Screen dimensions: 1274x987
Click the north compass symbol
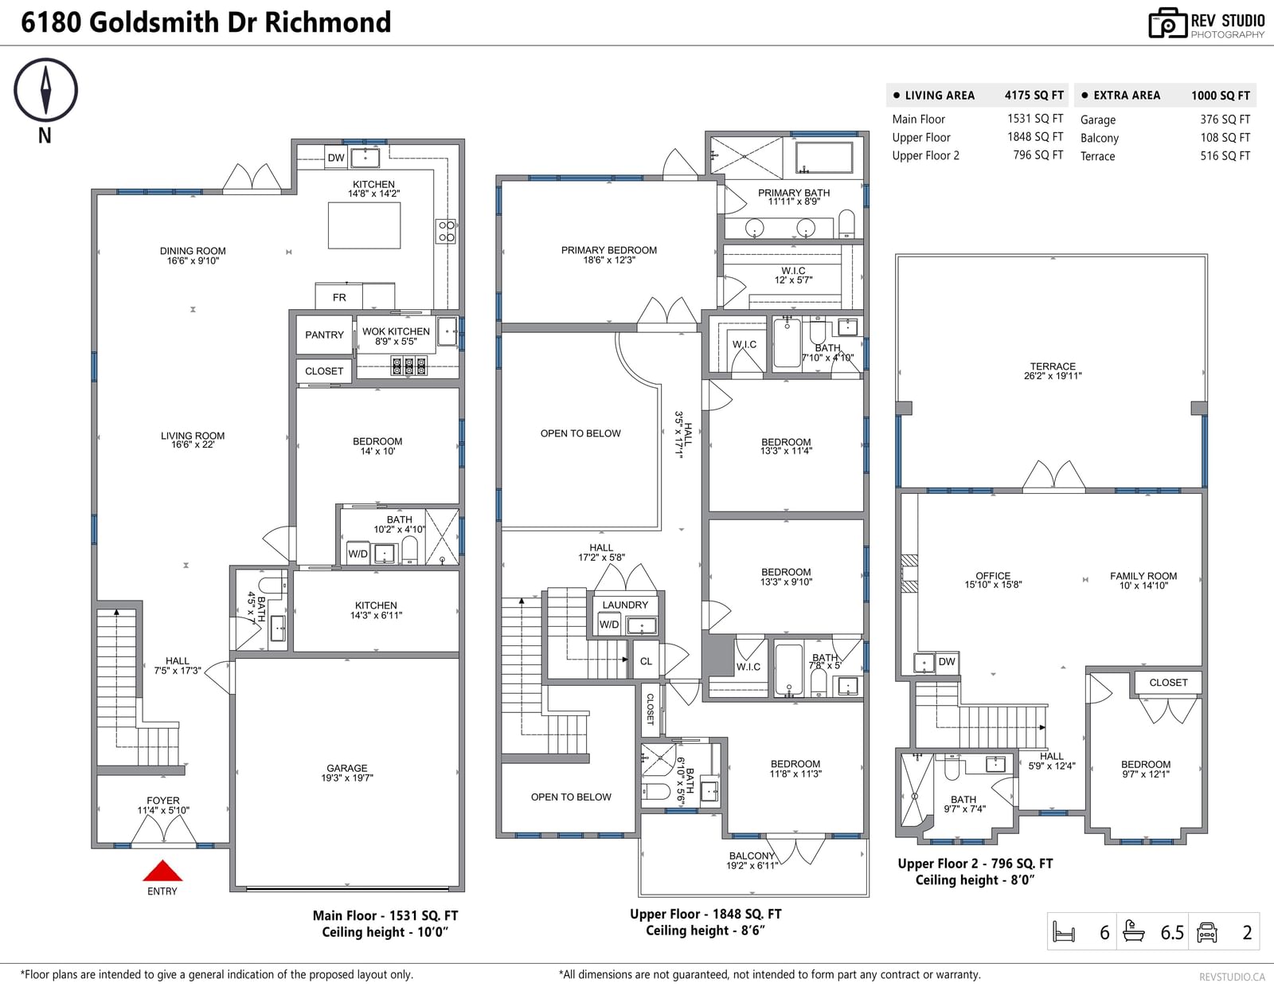point(45,90)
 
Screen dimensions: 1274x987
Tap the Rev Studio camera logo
point(1167,23)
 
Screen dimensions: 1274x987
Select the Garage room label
point(347,773)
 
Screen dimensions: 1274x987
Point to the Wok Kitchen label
point(396,336)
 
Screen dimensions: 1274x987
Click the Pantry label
point(324,335)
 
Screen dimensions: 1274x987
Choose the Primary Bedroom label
point(609,255)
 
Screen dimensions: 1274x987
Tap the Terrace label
point(1053,370)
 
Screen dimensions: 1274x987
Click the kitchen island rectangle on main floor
point(364,225)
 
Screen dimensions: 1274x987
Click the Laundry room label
point(625,605)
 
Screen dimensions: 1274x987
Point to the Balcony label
point(752,860)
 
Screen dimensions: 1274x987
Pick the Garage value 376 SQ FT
point(1225,119)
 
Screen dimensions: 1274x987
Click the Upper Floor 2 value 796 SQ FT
point(1038,155)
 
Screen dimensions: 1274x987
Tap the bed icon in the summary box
point(1064,932)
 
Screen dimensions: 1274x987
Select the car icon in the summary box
point(1206,932)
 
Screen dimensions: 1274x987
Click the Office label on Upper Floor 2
point(993,580)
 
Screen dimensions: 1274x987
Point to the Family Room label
point(1143,581)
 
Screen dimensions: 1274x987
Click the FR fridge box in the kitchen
point(339,296)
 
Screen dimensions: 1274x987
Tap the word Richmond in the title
point(327,22)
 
